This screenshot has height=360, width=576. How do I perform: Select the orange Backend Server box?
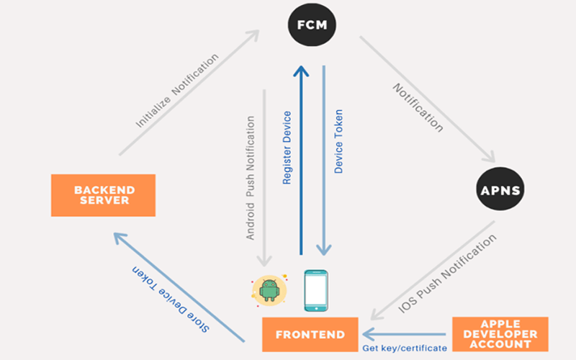(x=104, y=195)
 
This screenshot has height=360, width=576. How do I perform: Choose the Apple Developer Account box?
(x=500, y=334)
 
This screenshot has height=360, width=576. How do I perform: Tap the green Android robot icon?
(x=270, y=289)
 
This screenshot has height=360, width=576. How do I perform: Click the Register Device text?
(x=287, y=148)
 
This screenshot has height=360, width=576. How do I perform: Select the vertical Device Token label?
(x=339, y=141)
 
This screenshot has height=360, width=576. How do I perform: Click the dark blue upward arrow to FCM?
(x=302, y=158)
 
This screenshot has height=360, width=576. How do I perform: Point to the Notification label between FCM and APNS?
(x=418, y=108)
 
